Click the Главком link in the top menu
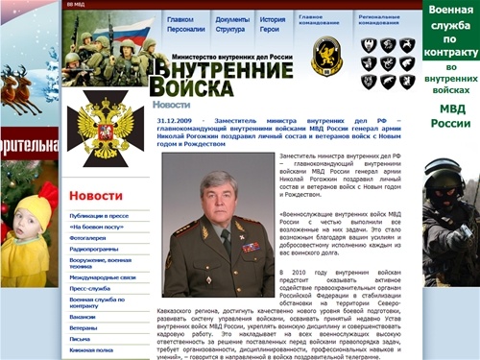pos(180,19)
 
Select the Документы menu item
pos(232,19)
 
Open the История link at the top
pos(273,19)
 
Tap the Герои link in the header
pos(272,30)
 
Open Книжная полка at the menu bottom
pos(92,349)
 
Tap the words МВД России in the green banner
pos(450,116)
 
